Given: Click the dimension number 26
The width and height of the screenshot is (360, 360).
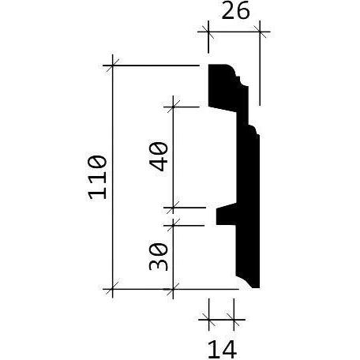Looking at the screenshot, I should click(x=235, y=13).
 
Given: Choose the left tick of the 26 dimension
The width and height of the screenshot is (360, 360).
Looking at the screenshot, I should click(x=208, y=32).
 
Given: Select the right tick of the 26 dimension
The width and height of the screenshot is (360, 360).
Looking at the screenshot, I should click(x=261, y=32).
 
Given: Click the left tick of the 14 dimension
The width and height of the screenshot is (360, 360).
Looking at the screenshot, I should click(x=208, y=321).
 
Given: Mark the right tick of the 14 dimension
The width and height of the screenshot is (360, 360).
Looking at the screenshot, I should click(x=234, y=321).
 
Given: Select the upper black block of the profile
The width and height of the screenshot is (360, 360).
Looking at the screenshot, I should click(x=223, y=87).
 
